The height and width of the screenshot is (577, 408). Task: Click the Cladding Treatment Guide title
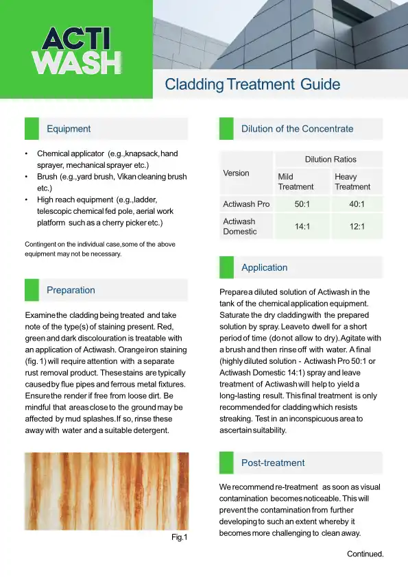point(252,85)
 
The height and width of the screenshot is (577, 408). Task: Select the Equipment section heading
point(69,129)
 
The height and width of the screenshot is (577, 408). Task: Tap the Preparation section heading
point(71,291)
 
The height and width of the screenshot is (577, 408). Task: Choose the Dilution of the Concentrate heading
point(297,129)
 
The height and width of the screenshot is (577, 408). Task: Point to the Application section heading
point(264,268)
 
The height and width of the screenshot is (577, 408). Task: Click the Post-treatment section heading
point(273,463)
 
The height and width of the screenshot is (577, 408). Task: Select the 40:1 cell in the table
point(357,204)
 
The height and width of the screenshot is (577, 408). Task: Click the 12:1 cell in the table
point(357,226)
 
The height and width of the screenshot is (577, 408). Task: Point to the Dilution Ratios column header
point(330,159)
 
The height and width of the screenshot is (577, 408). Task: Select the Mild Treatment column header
point(296,182)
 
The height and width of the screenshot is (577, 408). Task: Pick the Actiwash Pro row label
point(246,204)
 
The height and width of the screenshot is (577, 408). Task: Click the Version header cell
point(237,173)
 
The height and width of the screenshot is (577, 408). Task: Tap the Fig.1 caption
point(179,538)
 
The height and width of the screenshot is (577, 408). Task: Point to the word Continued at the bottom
point(365,554)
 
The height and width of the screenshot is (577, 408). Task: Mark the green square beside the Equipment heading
point(32,129)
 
